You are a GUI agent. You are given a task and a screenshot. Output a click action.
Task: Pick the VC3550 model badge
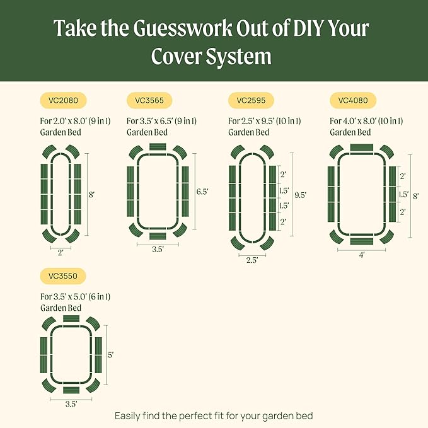tap(63, 276)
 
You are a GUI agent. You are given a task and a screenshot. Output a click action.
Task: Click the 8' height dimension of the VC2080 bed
tap(92, 195)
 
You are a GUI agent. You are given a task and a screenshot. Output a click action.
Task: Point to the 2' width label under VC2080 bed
tap(61, 252)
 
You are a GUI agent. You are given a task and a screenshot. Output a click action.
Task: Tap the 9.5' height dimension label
tap(300, 195)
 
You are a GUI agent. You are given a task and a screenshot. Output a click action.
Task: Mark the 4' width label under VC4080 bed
tap(362, 255)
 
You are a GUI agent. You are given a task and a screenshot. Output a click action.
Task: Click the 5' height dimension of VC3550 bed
tap(110, 355)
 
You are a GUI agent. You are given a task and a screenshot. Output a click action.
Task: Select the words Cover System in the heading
tap(211, 56)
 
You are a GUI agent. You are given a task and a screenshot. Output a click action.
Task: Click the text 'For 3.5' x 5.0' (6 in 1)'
tap(80, 296)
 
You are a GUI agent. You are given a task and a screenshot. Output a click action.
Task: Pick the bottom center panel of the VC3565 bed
tap(158, 236)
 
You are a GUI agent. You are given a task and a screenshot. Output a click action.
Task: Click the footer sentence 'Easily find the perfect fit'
tap(214, 416)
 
